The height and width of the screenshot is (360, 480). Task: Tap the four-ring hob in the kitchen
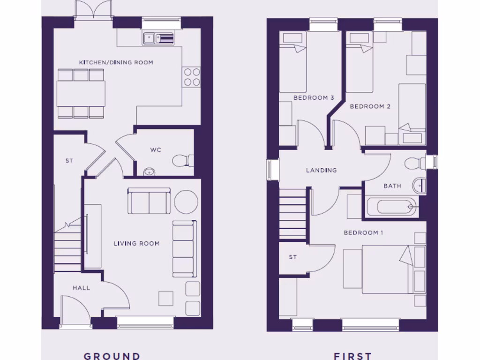click(191, 77)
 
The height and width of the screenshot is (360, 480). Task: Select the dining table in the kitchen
click(81, 93)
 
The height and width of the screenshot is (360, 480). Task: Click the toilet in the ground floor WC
click(183, 161)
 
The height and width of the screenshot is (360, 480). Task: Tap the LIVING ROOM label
click(136, 243)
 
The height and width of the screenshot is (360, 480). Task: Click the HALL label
click(81, 287)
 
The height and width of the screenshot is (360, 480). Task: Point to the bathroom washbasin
click(420, 185)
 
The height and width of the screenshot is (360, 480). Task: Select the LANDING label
click(321, 170)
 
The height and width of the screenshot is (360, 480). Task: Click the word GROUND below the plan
click(112, 356)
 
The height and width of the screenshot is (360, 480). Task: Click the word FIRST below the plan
click(352, 356)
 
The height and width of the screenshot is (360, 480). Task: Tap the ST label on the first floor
click(293, 257)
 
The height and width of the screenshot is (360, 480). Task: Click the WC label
click(156, 150)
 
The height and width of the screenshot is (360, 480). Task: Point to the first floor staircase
click(292, 214)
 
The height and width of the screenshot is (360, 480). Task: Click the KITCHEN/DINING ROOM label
click(116, 62)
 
